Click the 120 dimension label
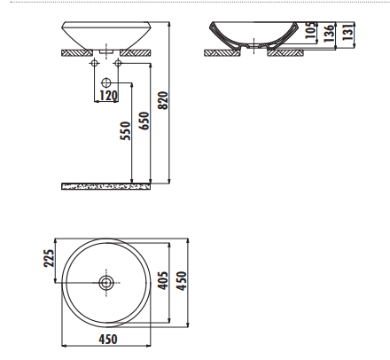pos(108,96)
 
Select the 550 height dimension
pos(125,130)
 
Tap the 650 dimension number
pos(144,121)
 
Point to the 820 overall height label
pos(163,100)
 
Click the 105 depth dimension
pos(310,30)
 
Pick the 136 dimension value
pos(329,33)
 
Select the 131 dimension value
pos(348,32)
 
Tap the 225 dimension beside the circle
pos(50,258)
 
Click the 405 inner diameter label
pos(163,281)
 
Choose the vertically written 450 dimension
pos(182,281)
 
